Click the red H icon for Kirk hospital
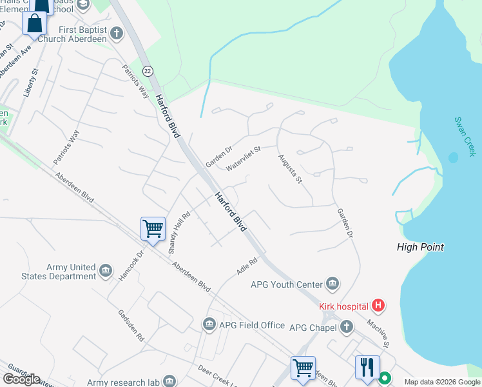(379, 306)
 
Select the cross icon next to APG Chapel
(347, 327)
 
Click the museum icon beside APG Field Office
(209, 325)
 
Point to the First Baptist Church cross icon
(117, 32)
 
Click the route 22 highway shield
(148, 71)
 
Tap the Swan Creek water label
(465, 136)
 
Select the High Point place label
(420, 247)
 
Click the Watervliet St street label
(243, 158)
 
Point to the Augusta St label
(290, 168)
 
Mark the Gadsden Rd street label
(131, 324)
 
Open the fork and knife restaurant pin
(367, 366)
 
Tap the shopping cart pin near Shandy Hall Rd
(153, 228)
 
